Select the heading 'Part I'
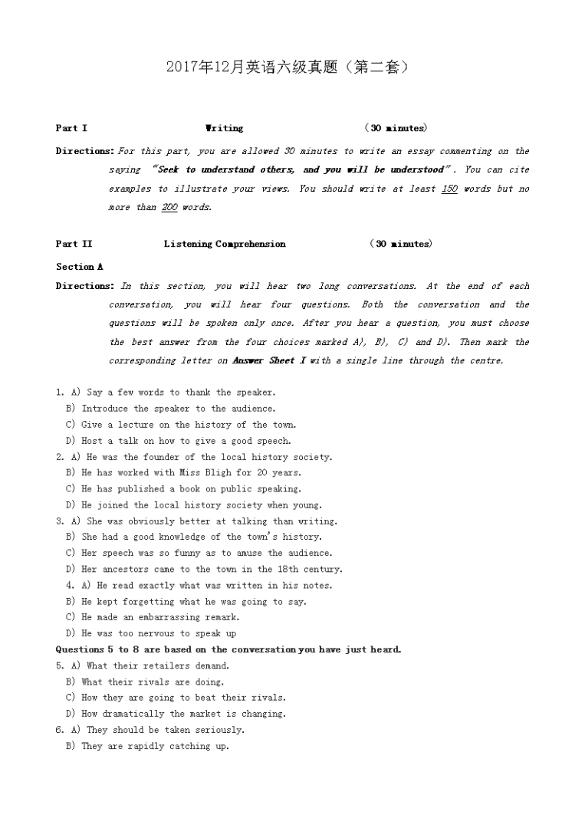click(71, 128)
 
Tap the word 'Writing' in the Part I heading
click(224, 128)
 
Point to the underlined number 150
click(449, 189)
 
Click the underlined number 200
click(169, 207)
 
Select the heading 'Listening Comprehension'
click(224, 244)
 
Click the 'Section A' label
click(79, 267)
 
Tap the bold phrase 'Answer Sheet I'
click(263, 360)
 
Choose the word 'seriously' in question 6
click(219, 730)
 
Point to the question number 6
click(60, 730)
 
